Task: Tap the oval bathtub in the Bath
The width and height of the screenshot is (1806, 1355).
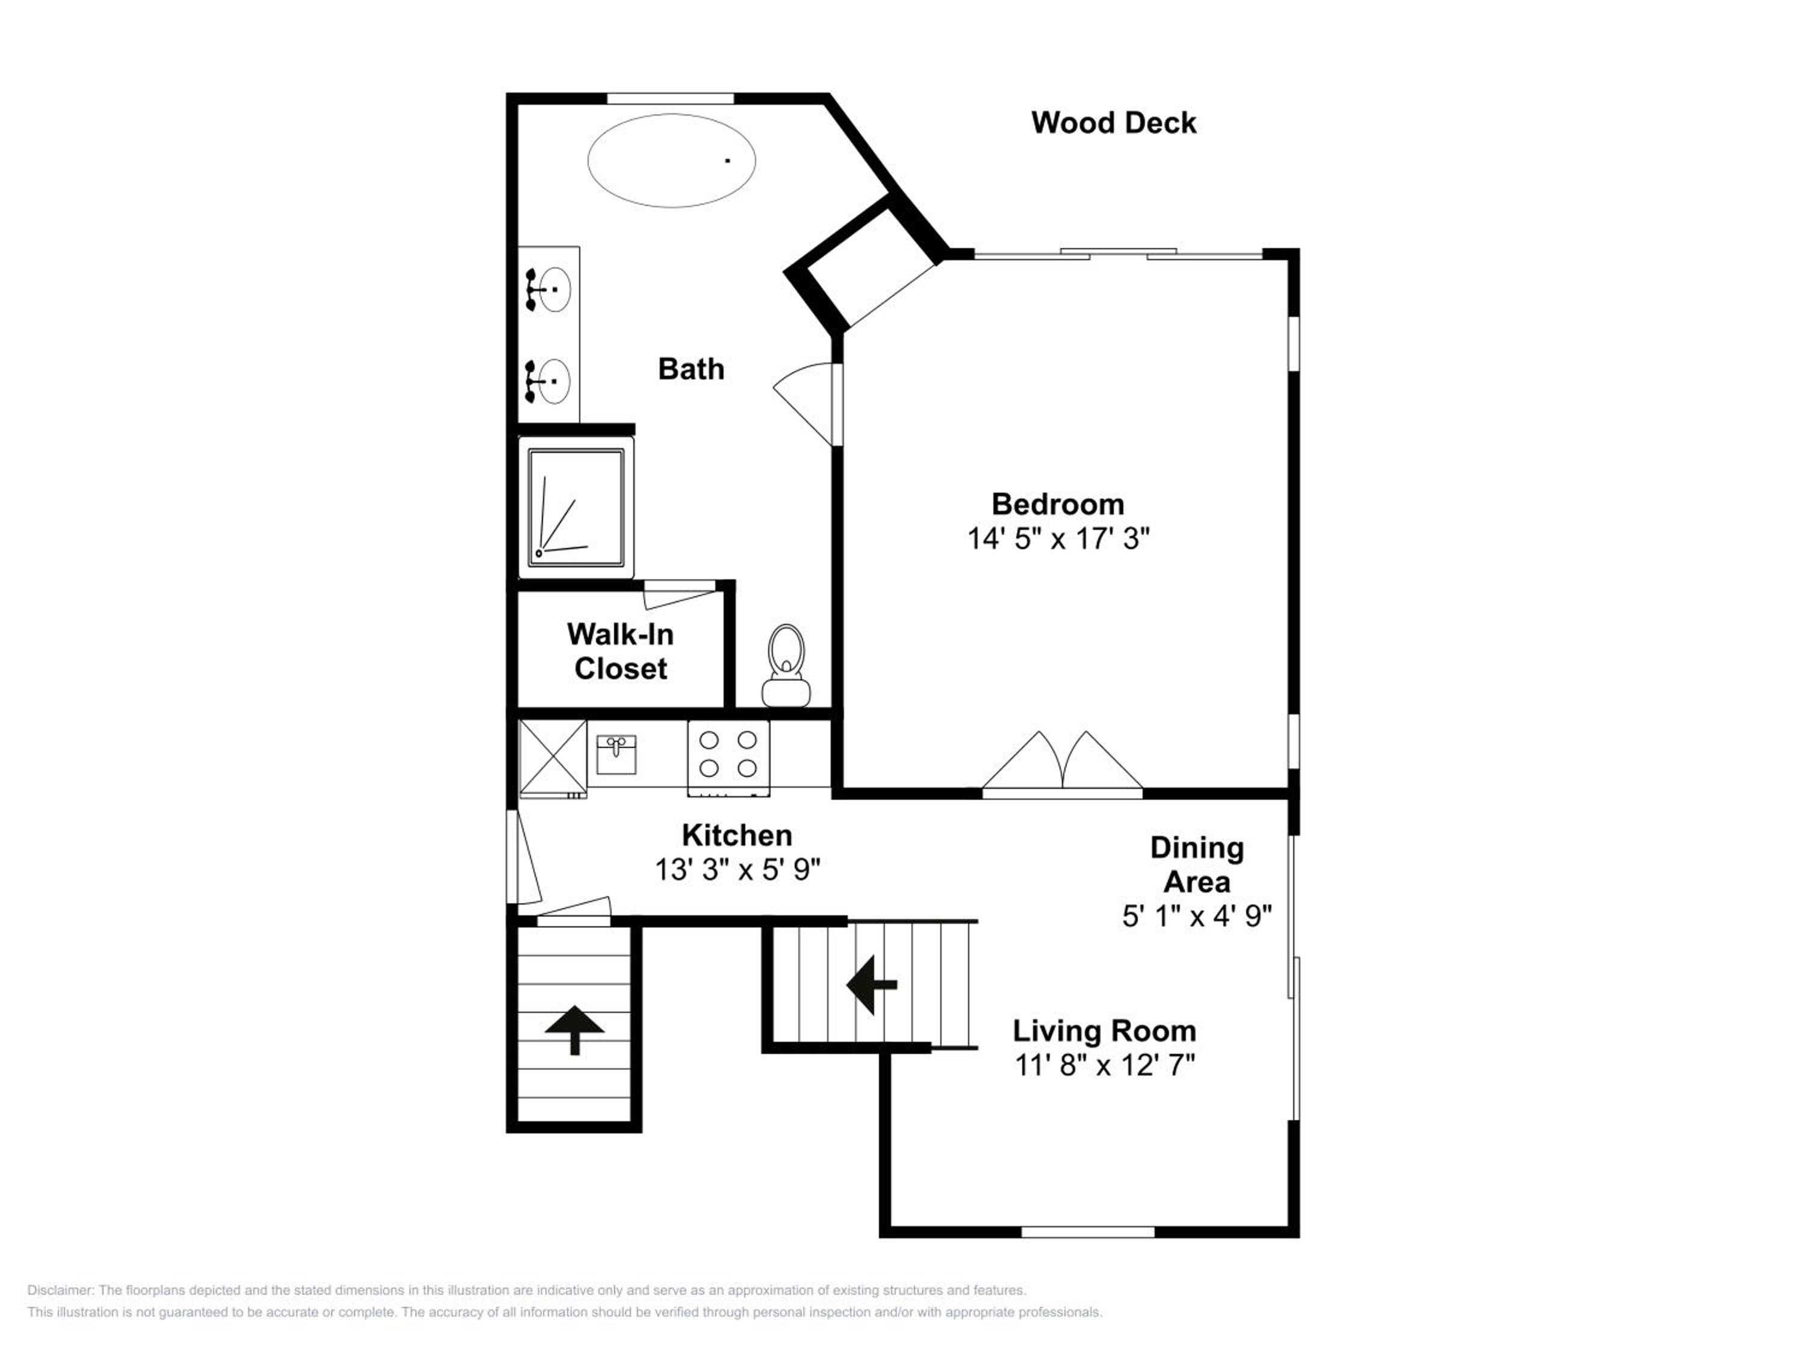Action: click(671, 160)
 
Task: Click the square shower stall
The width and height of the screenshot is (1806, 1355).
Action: click(577, 508)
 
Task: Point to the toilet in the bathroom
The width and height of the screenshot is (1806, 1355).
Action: click(786, 665)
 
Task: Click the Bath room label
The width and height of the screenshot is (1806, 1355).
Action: click(690, 369)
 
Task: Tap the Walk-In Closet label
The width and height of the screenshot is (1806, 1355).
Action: click(621, 651)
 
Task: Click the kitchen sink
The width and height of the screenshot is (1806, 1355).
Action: click(616, 755)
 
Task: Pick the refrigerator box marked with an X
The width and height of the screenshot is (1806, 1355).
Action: click(553, 758)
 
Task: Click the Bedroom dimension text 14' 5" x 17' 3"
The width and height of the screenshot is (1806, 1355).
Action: click(1058, 539)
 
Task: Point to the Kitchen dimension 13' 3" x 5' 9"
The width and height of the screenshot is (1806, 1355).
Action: click(737, 870)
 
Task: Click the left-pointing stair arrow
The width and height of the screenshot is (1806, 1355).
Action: click(872, 985)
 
